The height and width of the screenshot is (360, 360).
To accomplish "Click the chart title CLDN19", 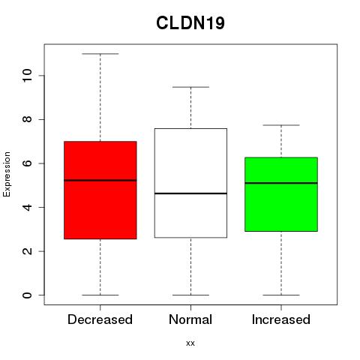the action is (190, 23).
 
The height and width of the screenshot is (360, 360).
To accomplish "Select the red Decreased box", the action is (100, 190).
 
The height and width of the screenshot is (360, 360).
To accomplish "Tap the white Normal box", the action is (190, 183).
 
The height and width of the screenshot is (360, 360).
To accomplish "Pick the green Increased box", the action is (281, 194).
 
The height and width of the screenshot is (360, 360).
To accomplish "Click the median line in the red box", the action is (100, 180).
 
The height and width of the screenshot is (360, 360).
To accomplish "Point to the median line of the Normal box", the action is (190, 193).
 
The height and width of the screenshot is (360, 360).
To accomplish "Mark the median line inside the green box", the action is (281, 183).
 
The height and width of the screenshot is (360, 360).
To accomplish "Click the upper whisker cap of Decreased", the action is (100, 54).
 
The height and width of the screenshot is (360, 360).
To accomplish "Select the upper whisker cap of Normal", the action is (190, 87).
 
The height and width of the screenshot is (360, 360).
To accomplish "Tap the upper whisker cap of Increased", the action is (281, 125).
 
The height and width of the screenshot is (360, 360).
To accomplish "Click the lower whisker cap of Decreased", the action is (100, 295).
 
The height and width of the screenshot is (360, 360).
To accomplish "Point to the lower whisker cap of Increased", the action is (281, 295).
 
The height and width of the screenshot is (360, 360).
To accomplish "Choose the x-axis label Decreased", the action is (100, 319).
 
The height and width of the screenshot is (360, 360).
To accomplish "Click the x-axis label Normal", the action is (190, 319).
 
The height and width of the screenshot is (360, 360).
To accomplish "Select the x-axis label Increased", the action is (281, 319).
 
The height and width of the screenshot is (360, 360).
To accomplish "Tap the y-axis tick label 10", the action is (27, 76).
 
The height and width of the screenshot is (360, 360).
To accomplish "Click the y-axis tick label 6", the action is (27, 163).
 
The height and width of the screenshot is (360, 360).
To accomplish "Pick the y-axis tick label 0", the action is (27, 295).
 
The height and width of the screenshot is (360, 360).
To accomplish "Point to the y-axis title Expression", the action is (7, 174).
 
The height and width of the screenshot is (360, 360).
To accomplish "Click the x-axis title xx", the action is (190, 343).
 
